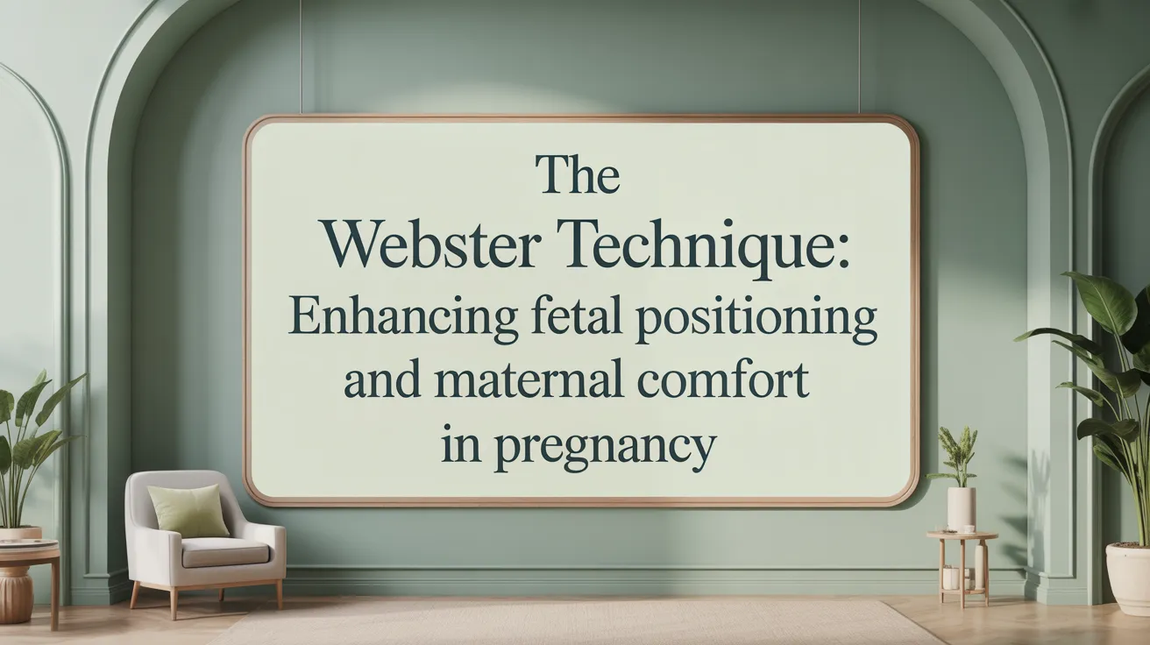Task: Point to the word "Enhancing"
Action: [x=402, y=320]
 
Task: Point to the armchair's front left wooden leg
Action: [x=134, y=594]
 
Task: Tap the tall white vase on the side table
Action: [x=961, y=509]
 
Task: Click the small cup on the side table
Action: [x=968, y=528]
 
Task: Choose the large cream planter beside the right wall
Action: [x=1129, y=578]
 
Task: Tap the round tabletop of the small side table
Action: [x=962, y=535]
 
